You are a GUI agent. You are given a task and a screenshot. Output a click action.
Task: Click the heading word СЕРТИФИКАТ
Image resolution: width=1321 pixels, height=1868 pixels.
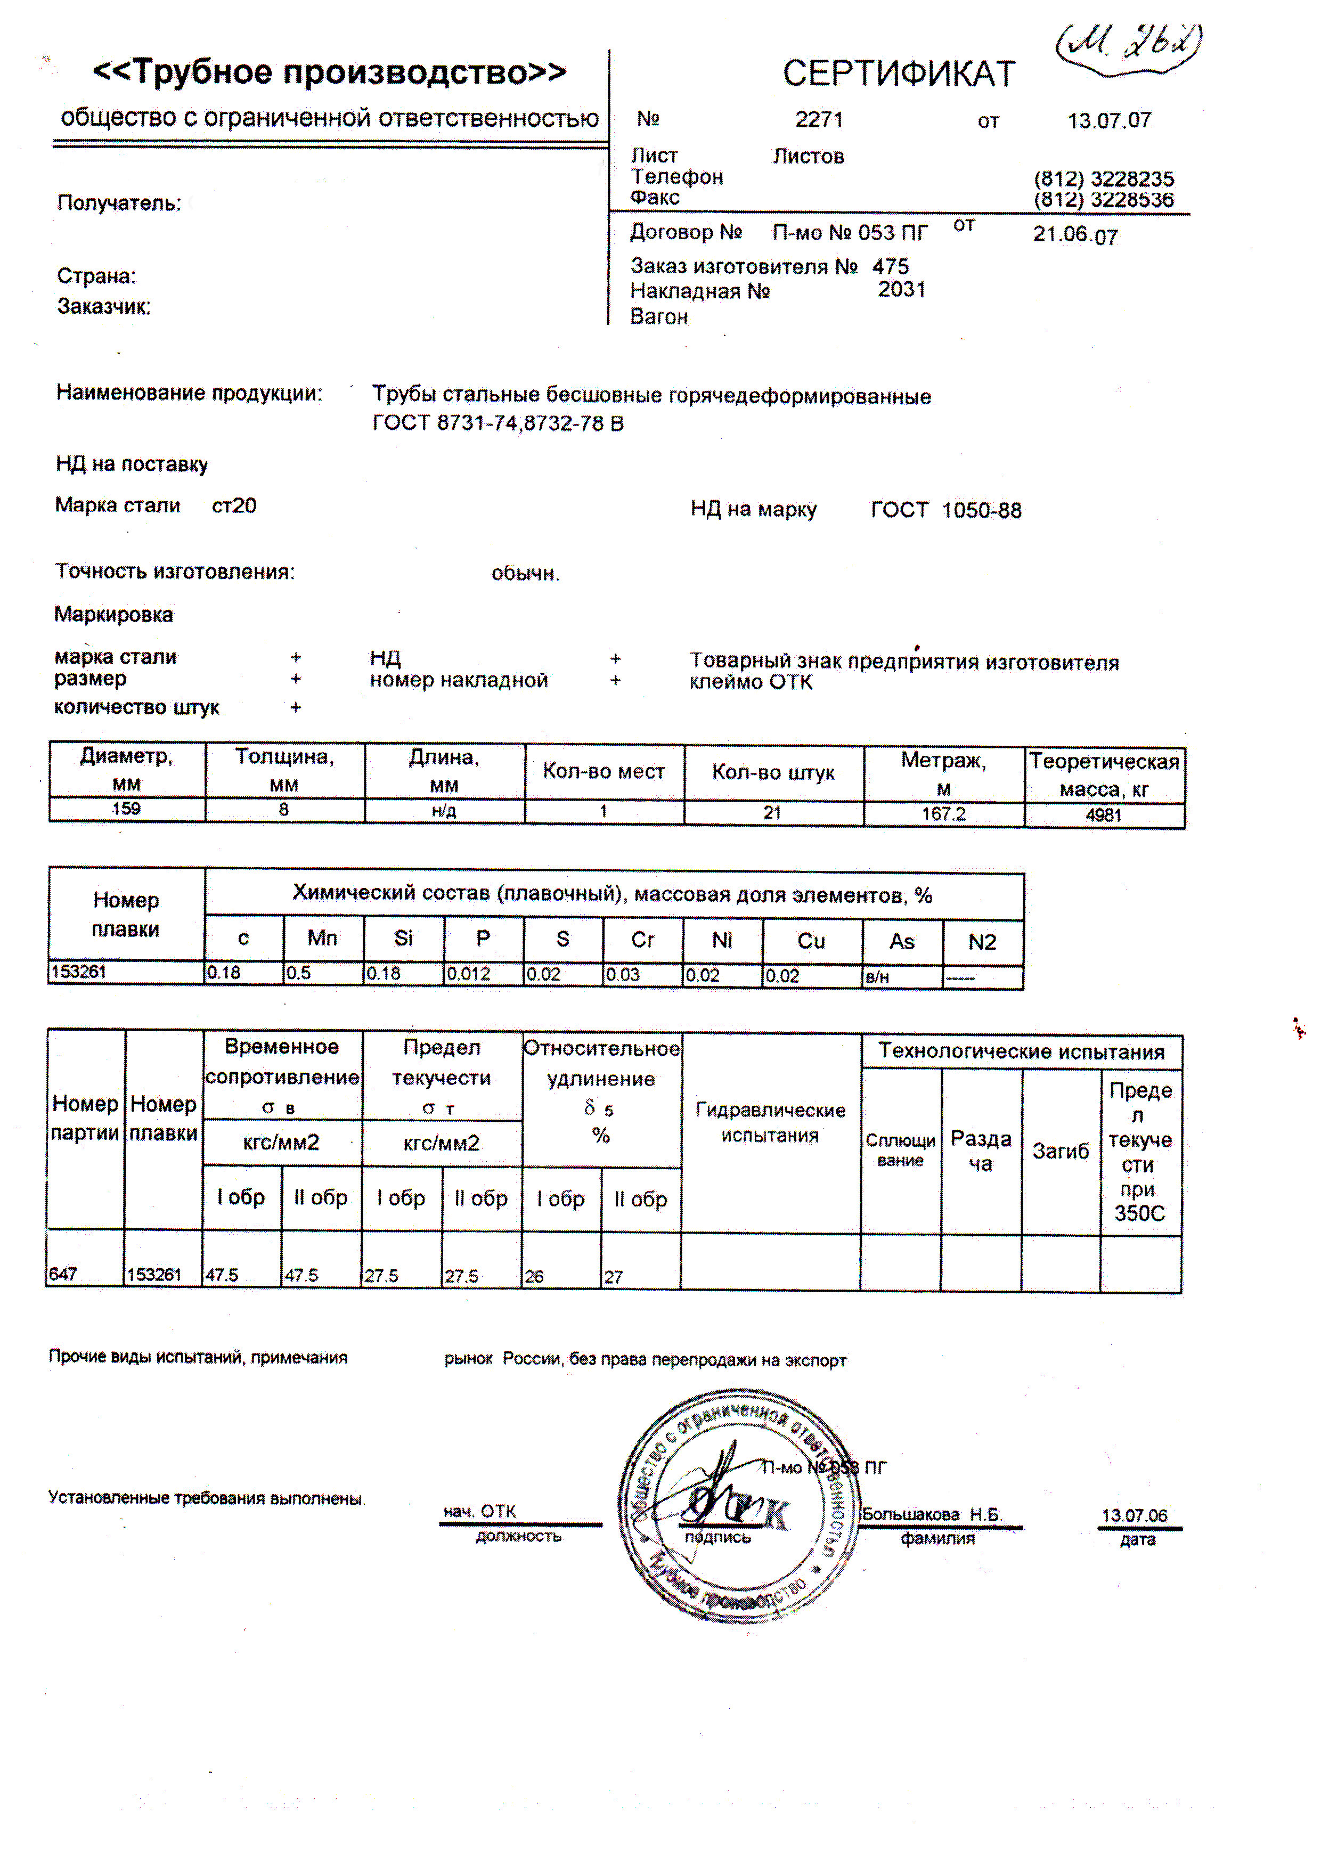[899, 74]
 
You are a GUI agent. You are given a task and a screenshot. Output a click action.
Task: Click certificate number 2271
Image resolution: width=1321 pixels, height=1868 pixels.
[819, 120]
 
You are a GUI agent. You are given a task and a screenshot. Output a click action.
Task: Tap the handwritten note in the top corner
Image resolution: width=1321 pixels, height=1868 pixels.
[1130, 45]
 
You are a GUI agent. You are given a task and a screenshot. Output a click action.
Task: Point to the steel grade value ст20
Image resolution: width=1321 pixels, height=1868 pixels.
[234, 506]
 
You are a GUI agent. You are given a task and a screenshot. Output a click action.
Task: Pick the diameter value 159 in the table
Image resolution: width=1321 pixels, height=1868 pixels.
[126, 809]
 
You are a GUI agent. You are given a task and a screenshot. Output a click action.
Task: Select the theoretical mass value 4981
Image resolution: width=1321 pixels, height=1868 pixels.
[1104, 815]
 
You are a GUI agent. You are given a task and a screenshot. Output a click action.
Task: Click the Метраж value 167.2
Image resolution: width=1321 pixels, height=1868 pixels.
[943, 813]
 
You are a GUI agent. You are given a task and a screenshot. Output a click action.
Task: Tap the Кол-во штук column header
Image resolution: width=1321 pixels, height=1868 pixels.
[773, 772]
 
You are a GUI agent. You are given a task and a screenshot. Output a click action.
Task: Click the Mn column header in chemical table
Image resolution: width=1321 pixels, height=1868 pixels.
[322, 938]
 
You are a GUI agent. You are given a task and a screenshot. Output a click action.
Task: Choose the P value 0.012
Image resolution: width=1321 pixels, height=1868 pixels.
[469, 974]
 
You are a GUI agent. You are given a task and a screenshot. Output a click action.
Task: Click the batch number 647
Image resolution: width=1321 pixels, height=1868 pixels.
[63, 1274]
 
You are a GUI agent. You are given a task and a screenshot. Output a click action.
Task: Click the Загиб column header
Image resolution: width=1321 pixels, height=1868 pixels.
[1060, 1151]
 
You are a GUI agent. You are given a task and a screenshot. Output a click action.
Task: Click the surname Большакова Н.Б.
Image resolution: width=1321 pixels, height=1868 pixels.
[932, 1514]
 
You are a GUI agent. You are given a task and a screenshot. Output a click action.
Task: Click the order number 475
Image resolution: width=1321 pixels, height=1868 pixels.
[891, 267]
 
